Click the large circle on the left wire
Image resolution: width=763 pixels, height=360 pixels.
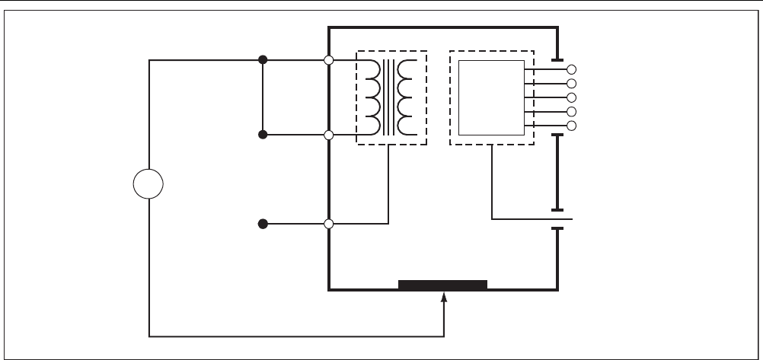coord(148,185)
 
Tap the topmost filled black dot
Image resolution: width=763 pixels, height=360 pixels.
coord(263,60)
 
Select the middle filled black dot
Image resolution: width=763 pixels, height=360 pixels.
coord(263,135)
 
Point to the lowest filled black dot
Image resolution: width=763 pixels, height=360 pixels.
coord(263,225)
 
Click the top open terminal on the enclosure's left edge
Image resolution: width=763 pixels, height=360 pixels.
coord(329,60)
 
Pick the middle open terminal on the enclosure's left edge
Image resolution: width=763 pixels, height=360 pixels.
coord(329,135)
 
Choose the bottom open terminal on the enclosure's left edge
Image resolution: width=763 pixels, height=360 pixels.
coord(329,225)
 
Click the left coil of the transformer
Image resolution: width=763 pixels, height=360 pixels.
coord(374,98)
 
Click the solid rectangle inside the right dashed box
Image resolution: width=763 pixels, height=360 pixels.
coord(491,97)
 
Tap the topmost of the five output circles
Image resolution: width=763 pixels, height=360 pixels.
coord(572,69)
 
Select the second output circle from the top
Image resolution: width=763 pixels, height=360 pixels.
coord(572,83)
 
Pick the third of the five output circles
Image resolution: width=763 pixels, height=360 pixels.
coord(572,97)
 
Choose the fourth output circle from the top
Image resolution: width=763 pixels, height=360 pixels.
coord(572,112)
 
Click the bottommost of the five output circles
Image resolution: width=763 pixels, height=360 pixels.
coord(572,126)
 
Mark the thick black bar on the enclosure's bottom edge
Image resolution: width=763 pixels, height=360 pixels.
coord(442,285)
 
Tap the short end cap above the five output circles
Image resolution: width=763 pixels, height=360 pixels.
coord(557,59)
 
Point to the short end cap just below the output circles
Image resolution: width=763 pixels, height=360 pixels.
coord(557,135)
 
